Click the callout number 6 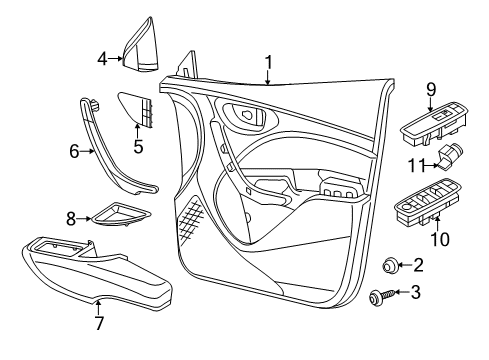pos(74,152)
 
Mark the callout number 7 pos(99,323)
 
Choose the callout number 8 pos(71,217)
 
